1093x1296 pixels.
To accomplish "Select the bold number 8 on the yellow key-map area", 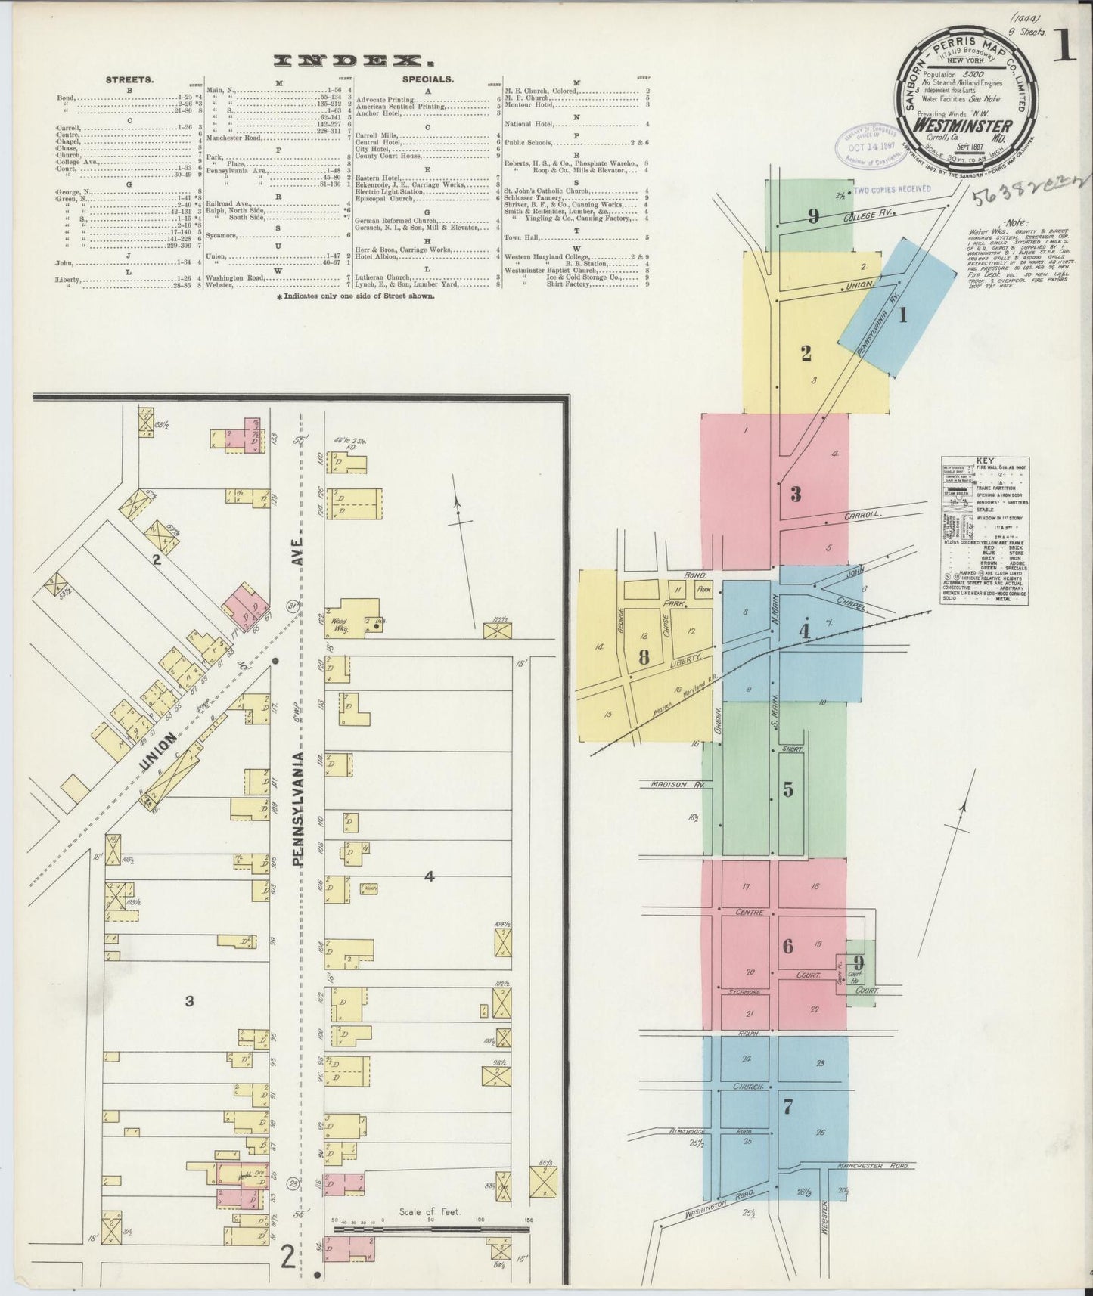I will pos(644,656).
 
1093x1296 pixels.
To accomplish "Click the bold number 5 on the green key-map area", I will pos(788,789).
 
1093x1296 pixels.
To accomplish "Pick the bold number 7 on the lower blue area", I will pos(788,1107).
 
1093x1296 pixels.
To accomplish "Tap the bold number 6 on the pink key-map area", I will pos(788,945).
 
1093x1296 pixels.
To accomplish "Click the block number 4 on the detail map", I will pos(429,876).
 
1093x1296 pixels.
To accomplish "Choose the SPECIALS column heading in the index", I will pos(428,78).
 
